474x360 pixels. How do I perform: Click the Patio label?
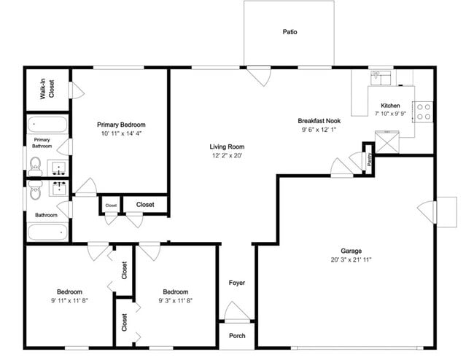pos(290,32)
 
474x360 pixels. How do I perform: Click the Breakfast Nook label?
pos(319,121)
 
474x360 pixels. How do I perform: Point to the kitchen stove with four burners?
pos(423,111)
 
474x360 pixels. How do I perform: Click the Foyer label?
pos(237,283)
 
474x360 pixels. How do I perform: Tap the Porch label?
pos(237,336)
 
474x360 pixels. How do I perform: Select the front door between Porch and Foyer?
pos(236,316)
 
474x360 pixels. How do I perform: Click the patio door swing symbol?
pos(258,76)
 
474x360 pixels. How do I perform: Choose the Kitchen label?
pos(391,105)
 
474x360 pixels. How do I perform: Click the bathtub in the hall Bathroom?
pos(48,232)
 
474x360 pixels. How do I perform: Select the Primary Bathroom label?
pos(42,143)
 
